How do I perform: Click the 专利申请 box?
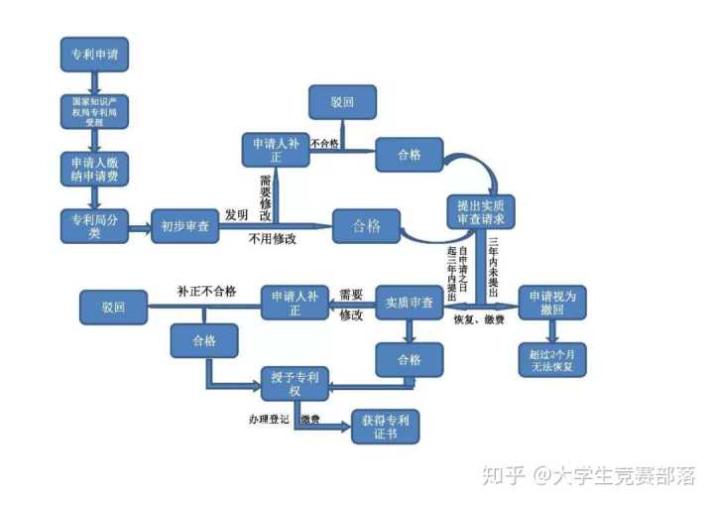pos(93,54)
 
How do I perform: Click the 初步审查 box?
pos(183,226)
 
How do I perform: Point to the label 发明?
pos(236,214)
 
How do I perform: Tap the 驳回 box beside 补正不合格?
pos(112,307)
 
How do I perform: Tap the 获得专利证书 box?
pos(386,428)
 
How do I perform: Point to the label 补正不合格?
pos(206,291)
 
